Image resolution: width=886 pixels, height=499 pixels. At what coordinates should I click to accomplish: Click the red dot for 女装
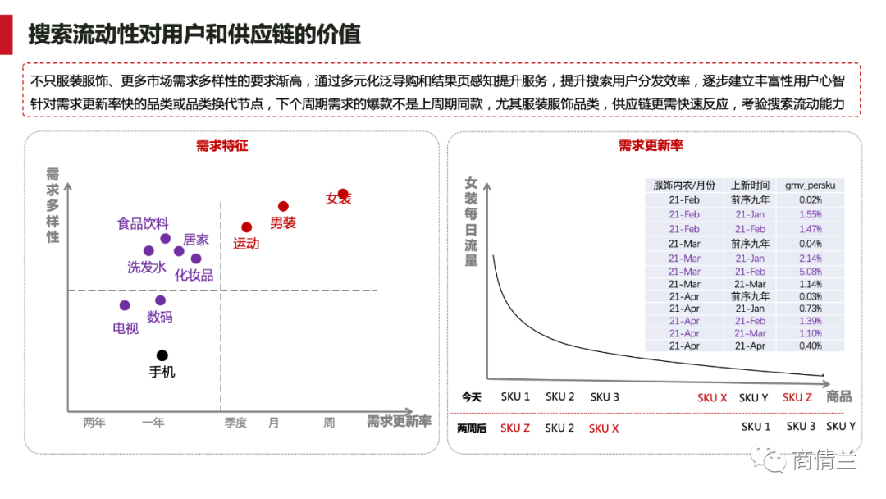(343, 195)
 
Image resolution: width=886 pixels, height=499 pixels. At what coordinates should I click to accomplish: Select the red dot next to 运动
(246, 227)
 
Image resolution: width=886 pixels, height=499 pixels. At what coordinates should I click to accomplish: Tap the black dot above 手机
(162, 355)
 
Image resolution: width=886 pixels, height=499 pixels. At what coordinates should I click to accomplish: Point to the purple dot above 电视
(125, 305)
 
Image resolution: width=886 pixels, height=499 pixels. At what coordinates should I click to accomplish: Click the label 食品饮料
(143, 223)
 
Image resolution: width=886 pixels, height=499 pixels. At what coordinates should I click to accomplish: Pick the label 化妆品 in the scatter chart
(194, 275)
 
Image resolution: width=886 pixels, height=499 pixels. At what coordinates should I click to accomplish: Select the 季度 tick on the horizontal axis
(235, 423)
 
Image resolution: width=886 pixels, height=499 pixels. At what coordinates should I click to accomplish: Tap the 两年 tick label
(94, 423)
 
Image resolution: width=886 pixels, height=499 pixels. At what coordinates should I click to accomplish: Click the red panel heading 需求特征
(221, 146)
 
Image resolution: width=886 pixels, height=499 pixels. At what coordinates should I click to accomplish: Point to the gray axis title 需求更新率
(399, 422)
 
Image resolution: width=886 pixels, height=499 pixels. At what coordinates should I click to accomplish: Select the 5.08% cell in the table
(810, 272)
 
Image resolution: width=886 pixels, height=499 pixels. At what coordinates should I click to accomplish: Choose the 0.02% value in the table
(810, 200)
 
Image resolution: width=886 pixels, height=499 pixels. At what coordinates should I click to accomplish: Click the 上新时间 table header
(750, 185)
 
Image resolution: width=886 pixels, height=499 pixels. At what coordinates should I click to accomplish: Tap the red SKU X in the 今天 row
(712, 398)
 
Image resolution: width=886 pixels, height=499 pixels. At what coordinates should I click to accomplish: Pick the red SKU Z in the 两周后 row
(515, 428)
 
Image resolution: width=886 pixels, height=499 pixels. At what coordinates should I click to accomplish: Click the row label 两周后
(472, 428)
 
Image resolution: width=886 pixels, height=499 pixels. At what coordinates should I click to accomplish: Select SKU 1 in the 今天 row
(515, 397)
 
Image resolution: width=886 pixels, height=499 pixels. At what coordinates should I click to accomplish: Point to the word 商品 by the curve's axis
(839, 397)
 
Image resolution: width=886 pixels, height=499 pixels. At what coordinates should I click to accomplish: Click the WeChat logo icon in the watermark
(772, 460)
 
